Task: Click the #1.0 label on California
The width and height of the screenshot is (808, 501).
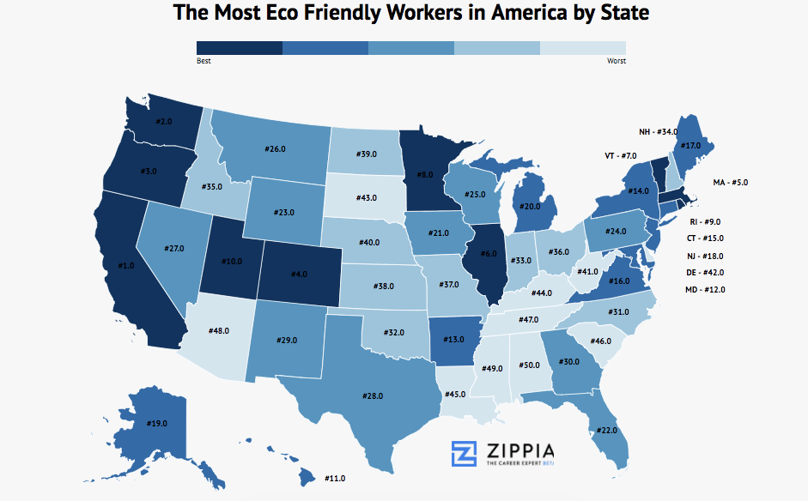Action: tap(125, 266)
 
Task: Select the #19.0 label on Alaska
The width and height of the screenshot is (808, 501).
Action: tap(156, 423)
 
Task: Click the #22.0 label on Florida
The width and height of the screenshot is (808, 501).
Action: tap(606, 430)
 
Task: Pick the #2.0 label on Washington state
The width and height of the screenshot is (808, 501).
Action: tap(163, 121)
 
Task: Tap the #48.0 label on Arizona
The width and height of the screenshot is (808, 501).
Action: tap(221, 330)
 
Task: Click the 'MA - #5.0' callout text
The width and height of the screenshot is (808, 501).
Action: tap(731, 183)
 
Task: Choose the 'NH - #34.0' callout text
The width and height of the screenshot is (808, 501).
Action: tap(658, 132)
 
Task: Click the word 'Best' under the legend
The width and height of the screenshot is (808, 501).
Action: tap(204, 61)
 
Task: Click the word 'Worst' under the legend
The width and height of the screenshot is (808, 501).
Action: tap(616, 61)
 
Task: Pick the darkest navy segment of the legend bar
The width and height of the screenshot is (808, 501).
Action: tap(240, 47)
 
